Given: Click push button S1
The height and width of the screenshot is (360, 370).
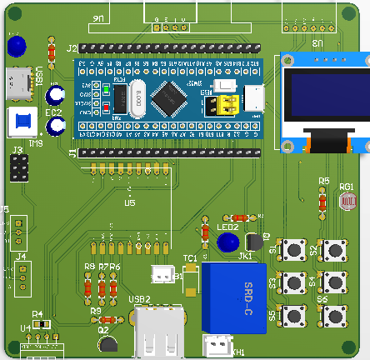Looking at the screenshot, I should [292, 249].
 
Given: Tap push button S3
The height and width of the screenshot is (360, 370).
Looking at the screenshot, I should [292, 282].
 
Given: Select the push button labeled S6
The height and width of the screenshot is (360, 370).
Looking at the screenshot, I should [335, 316].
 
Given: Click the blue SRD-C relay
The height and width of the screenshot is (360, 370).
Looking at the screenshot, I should [234, 297].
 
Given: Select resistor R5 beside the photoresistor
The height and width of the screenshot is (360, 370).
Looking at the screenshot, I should [323, 200].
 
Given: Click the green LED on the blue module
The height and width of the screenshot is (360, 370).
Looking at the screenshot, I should [107, 87].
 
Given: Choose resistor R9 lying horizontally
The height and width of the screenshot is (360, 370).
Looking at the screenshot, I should [107, 320].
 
